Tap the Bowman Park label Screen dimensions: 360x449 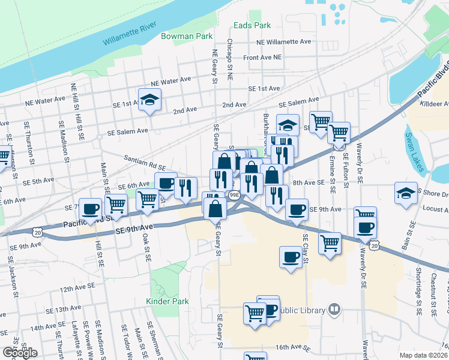click(187, 37)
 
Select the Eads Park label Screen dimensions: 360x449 click(252, 25)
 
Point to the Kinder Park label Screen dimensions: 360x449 click(167, 301)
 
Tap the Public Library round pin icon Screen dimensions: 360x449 click(334, 310)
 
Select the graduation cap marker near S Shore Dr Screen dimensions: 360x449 click(406, 194)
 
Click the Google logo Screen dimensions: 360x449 click(19, 353)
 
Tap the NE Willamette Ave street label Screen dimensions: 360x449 click(283, 42)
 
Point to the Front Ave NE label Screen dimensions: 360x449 click(262, 58)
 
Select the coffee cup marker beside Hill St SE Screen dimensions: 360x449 click(91, 209)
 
